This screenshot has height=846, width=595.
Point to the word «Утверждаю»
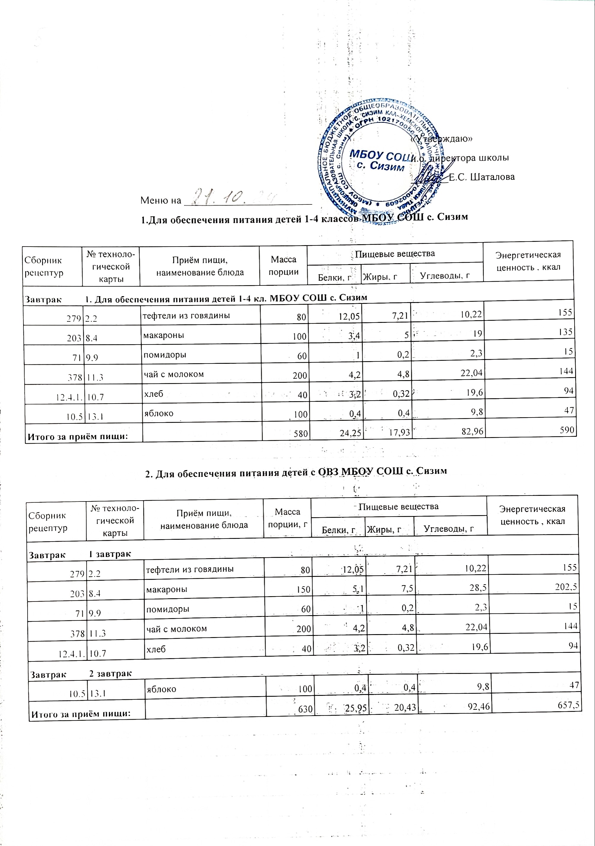(442, 139)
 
